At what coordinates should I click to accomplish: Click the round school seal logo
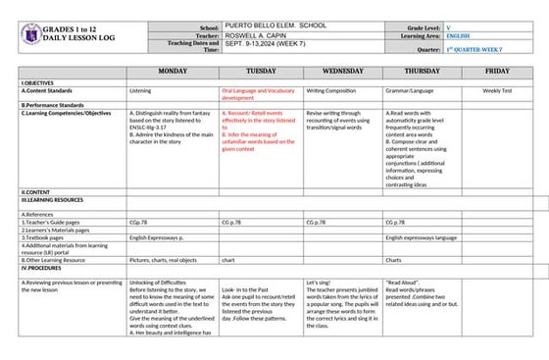coord(32,35)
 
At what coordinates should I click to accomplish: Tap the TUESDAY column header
coord(261,72)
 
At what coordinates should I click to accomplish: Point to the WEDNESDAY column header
coord(342,72)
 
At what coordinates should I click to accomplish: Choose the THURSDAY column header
coord(422,72)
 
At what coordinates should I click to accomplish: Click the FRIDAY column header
coord(497,72)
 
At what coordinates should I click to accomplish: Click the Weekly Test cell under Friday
coord(497,90)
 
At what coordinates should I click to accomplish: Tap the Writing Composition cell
coord(330,90)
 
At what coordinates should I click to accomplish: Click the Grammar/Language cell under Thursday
coord(410,90)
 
